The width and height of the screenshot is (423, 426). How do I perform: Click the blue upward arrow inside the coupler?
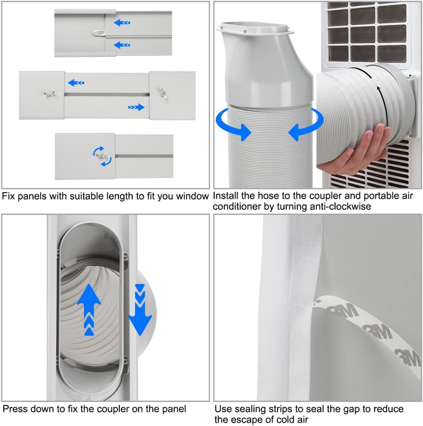pyautogui.click(x=89, y=310)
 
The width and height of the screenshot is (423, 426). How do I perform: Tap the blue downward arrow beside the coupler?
pyautogui.click(x=140, y=310)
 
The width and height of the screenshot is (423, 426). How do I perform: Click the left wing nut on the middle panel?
pyautogui.click(x=50, y=94)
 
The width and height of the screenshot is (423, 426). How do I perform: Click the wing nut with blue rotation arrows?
pyautogui.click(x=102, y=156)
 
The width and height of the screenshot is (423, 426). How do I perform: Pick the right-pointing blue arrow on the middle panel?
pyautogui.click(x=136, y=108)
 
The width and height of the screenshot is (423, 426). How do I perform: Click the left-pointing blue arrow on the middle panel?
pyautogui.click(x=76, y=83)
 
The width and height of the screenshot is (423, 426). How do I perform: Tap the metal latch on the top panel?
pyautogui.click(x=99, y=34)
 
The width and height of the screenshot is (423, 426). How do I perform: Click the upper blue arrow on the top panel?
pyautogui.click(x=122, y=23)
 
